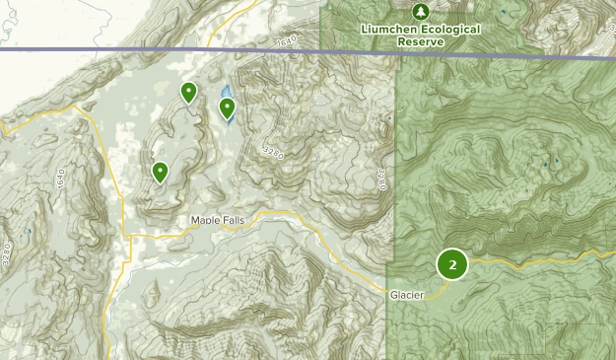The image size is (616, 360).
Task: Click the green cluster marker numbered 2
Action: (452, 264)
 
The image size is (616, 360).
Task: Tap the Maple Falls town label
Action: (217, 220)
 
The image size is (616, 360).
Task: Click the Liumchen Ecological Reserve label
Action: (422, 35)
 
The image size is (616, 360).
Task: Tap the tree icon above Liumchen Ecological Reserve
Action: (421, 12)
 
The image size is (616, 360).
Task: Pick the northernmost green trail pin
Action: (187, 93)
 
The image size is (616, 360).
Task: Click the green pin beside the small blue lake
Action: (227, 108)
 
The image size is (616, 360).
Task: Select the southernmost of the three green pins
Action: (160, 173)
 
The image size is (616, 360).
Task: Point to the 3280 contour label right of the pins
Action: (273, 152)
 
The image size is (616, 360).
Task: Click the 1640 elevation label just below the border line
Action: (287, 43)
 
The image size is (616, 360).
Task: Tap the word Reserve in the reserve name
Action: (422, 41)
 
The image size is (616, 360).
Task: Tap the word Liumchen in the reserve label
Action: (390, 30)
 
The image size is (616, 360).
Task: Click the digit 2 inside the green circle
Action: (452, 264)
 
